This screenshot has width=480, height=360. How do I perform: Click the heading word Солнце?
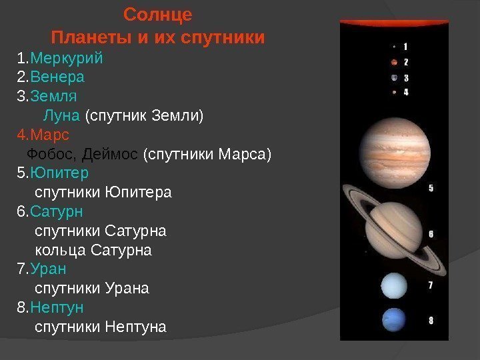158,14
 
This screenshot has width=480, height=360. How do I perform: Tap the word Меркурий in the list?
67,57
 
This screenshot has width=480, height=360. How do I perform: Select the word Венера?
57,76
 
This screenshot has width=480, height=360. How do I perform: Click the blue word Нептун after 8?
57,307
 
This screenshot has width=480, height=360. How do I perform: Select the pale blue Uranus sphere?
394,286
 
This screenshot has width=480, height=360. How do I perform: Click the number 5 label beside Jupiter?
431,188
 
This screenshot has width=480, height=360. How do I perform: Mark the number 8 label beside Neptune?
431,320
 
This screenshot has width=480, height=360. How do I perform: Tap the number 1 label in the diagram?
406,47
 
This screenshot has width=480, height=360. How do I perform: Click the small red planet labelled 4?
394,92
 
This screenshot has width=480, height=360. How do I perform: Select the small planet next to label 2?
394,62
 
